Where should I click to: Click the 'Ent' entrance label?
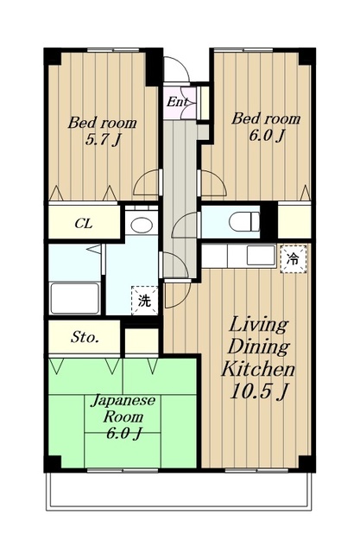(177, 102)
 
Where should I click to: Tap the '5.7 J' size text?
(103, 140)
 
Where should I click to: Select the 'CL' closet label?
(84, 223)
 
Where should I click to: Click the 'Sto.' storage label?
(85, 337)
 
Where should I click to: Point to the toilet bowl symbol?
(244, 222)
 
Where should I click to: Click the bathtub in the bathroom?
(75, 298)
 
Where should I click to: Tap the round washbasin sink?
(142, 225)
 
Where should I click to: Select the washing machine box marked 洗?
(145, 300)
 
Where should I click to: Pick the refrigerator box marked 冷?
(293, 259)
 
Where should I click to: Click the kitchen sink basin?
(261, 256)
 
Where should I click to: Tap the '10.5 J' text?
(259, 391)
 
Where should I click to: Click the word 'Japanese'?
(123, 401)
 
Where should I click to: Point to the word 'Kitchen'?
(258, 369)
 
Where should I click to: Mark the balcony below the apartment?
(179, 490)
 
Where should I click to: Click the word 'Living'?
(258, 325)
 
